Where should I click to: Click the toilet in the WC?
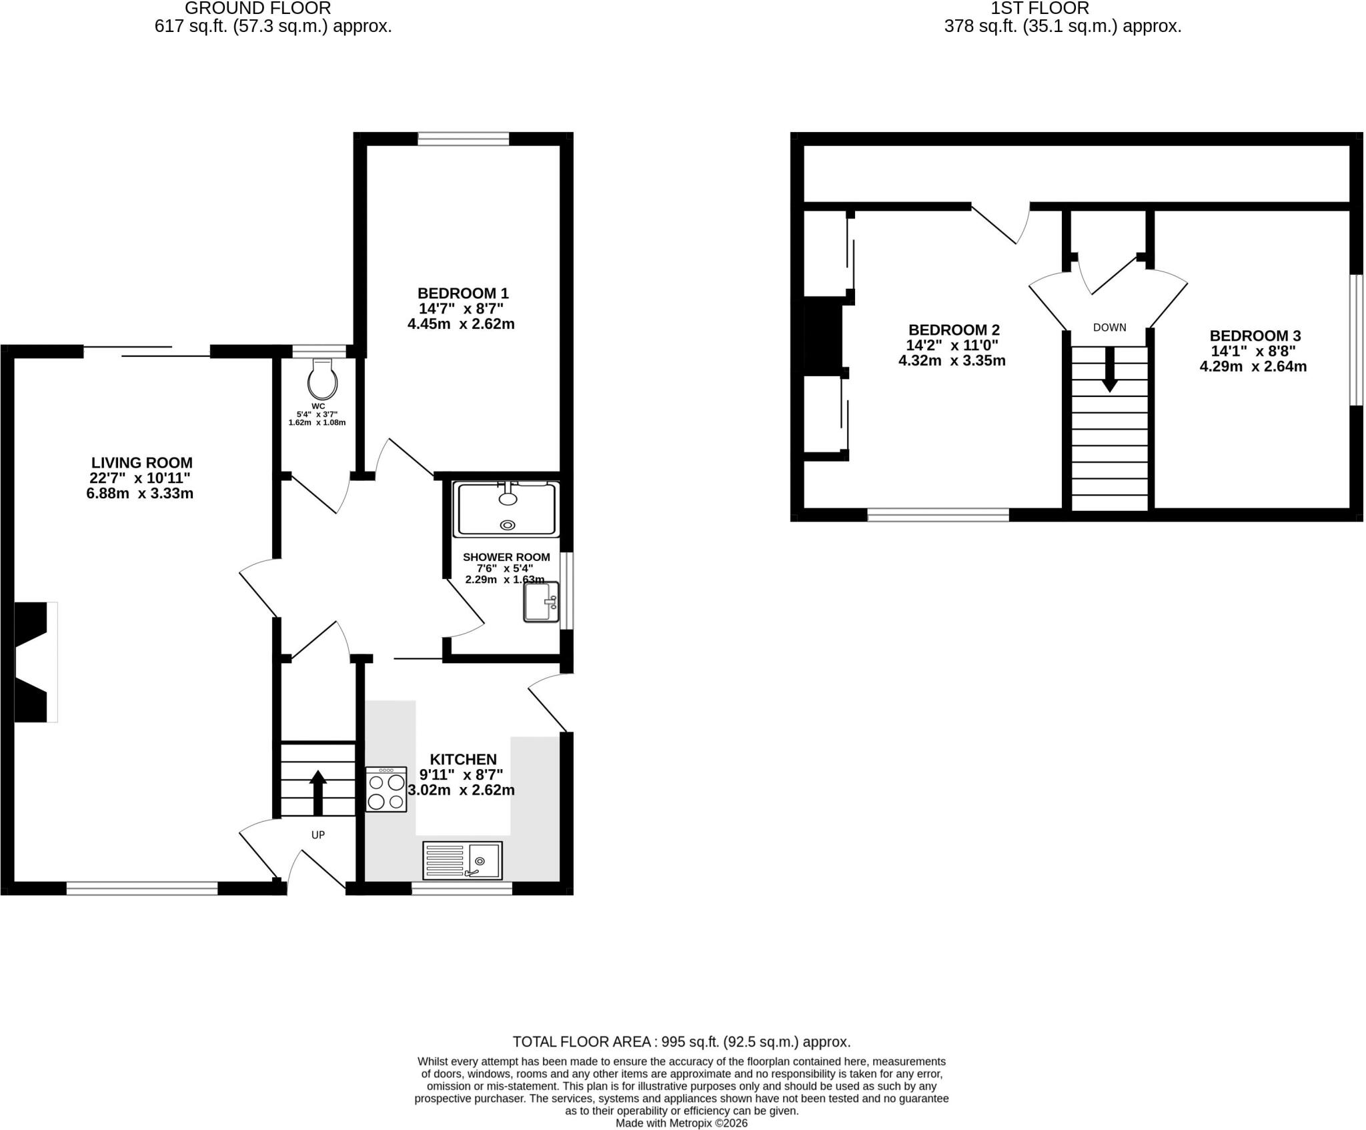point(322,380)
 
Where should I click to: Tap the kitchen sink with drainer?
point(462,860)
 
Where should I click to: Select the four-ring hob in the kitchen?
point(386,789)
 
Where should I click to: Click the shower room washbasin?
point(541,602)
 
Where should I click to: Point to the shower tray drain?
point(508,525)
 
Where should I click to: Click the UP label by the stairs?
point(318,834)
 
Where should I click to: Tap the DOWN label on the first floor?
point(1110,328)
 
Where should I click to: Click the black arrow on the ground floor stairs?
point(318,792)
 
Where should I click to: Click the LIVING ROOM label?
point(142,462)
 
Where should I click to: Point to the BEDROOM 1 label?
point(463,293)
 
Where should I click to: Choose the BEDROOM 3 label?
point(1255,336)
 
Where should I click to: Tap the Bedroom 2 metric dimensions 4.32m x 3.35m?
point(952,361)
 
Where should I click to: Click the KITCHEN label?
point(463,759)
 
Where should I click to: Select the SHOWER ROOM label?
point(506,557)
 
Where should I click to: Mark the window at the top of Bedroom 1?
point(464,139)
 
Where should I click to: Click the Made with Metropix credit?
point(682,1123)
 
